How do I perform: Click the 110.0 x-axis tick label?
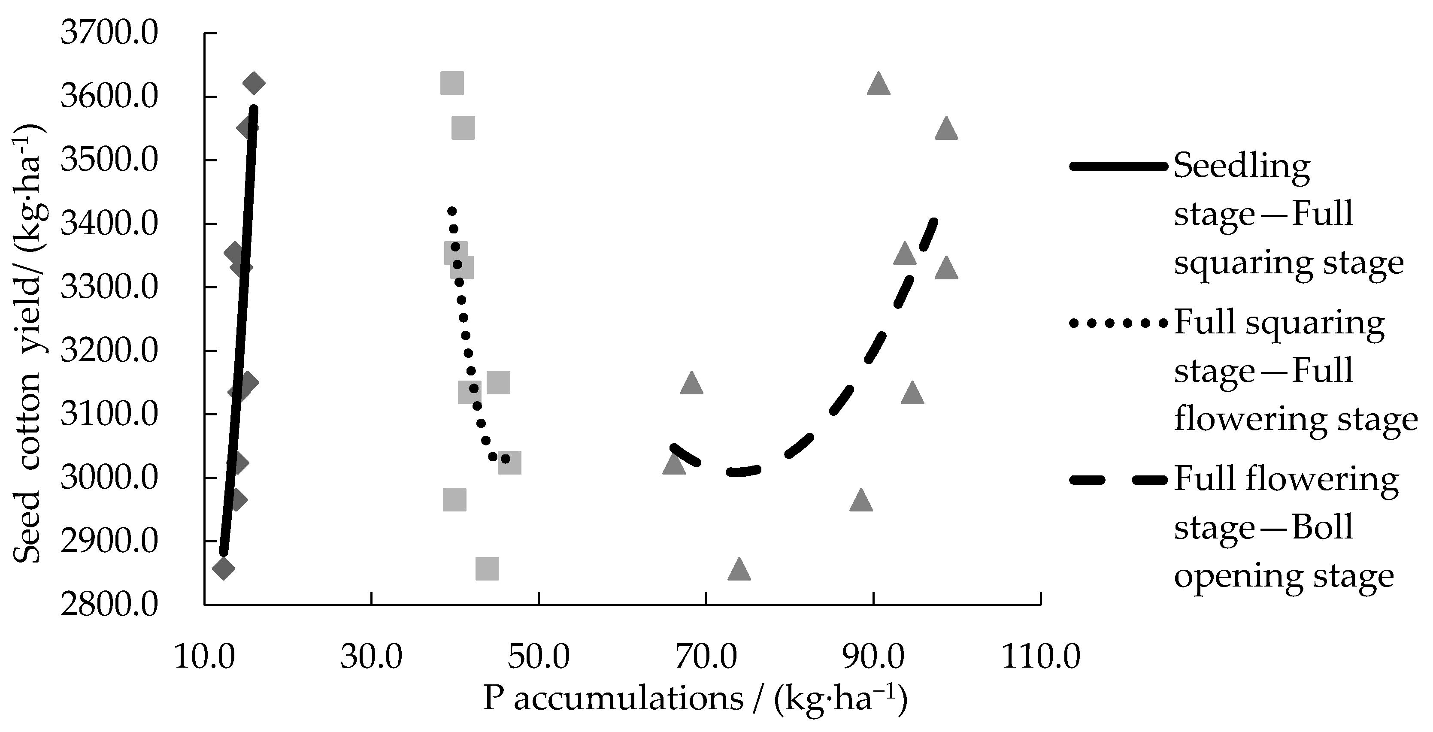pos(1041,657)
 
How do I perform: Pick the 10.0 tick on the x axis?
pos(204,657)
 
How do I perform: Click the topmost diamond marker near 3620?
pos(254,83)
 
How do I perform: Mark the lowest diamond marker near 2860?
pos(224,569)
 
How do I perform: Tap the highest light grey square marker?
pos(452,83)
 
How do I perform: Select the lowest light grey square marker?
pos(487,569)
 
